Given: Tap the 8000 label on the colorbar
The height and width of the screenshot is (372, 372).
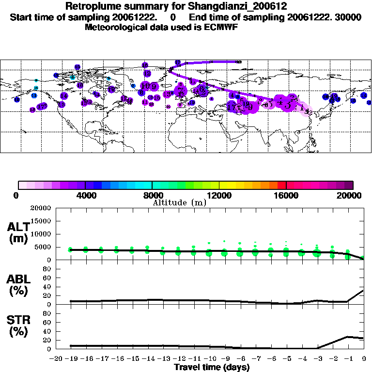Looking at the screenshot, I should pos(152,195).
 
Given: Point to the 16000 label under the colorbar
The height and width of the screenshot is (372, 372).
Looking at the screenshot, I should pos(287,195).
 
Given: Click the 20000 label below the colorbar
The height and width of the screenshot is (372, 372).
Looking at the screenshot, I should pos(353,195).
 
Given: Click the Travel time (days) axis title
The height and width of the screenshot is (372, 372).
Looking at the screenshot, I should pos(212,367).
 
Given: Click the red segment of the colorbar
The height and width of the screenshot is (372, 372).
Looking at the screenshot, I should pos(281,185).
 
